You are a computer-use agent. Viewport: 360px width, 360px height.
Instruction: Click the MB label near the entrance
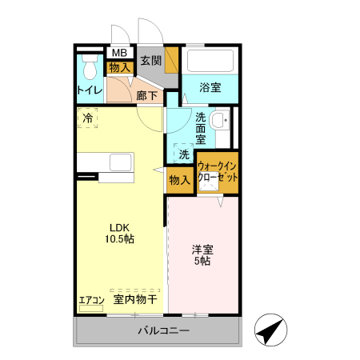click(119, 54)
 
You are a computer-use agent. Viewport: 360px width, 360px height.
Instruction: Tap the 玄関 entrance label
click(151, 60)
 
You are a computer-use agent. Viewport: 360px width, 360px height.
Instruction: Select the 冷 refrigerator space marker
click(86, 118)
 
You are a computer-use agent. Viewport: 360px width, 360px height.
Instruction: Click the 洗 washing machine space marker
click(183, 154)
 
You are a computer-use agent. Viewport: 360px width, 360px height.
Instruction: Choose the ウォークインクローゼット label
click(218, 171)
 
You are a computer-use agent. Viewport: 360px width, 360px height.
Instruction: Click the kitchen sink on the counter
click(122, 163)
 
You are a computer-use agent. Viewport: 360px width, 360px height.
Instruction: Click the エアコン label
click(91, 301)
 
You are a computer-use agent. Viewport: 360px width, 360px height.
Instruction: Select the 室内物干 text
click(134, 299)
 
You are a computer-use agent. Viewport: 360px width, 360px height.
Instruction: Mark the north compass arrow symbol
click(270, 329)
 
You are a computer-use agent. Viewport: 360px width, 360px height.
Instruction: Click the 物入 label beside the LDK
click(179, 180)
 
